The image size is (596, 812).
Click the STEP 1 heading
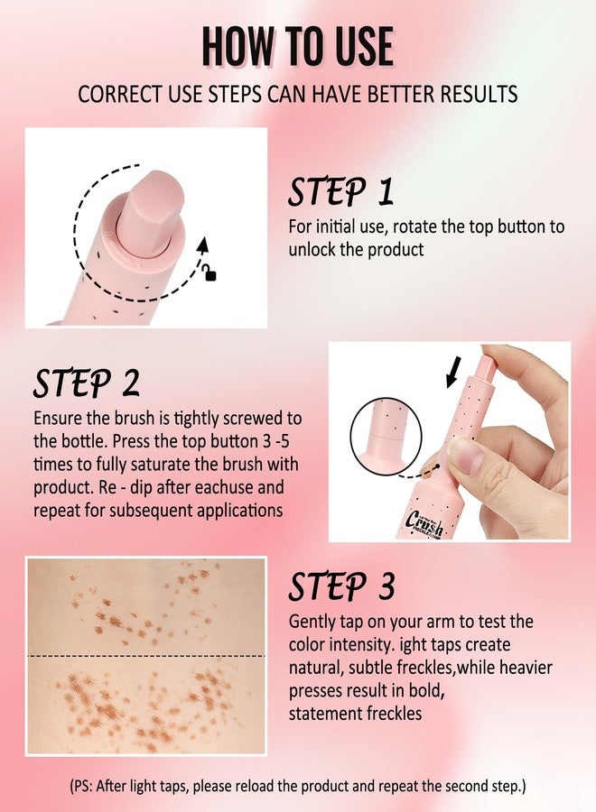(x=340, y=191)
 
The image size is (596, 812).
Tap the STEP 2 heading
(x=87, y=383)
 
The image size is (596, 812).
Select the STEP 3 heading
(x=341, y=586)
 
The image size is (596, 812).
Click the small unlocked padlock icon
(x=210, y=274)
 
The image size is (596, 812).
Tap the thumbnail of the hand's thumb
(x=463, y=451)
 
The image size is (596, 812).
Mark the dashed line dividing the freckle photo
(x=145, y=656)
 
